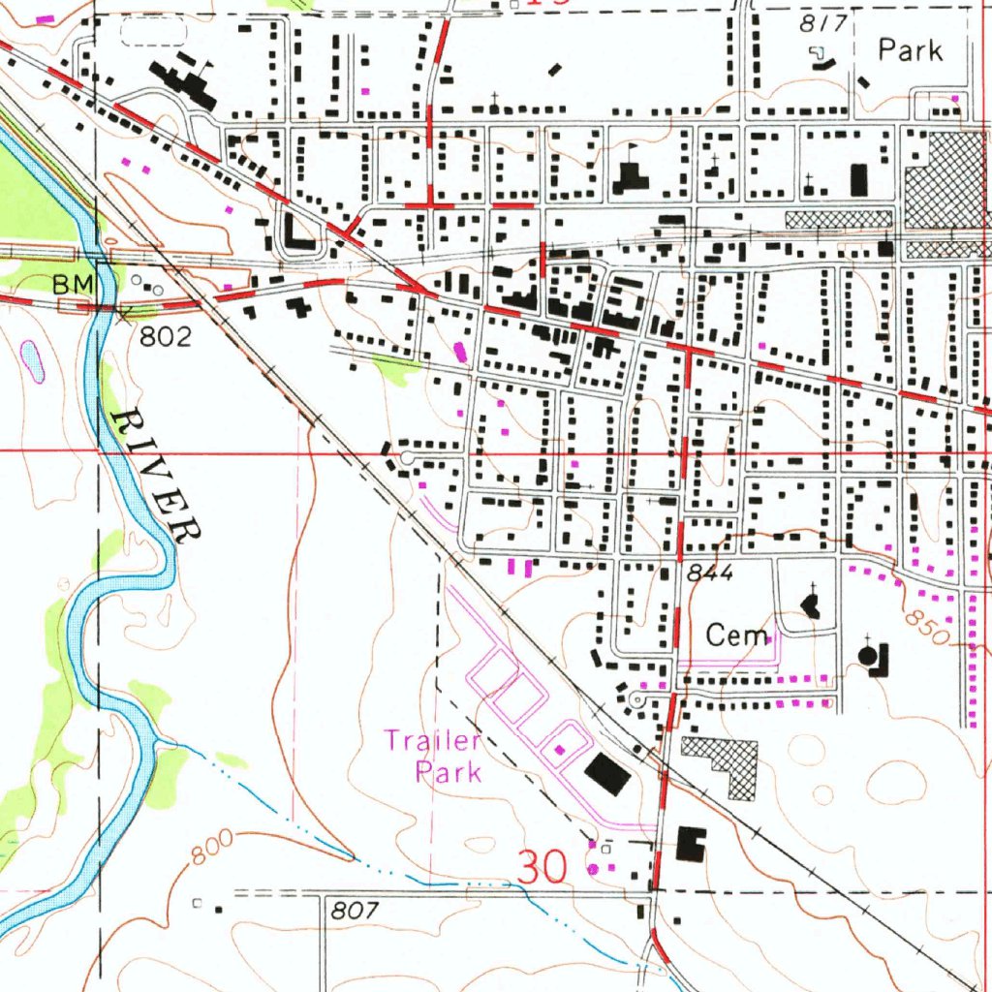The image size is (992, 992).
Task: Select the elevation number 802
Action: click(x=167, y=336)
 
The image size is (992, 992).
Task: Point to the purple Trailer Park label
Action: click(x=433, y=757)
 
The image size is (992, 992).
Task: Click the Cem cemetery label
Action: click(x=736, y=635)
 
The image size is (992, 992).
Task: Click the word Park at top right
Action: click(x=910, y=50)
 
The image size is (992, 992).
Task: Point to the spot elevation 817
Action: click(x=825, y=23)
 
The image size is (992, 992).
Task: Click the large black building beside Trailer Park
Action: click(x=607, y=773)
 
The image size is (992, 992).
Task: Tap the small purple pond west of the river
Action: click(x=32, y=358)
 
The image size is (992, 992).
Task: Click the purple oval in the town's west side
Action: click(x=458, y=351)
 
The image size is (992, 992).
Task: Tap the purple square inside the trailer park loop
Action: click(x=559, y=749)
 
